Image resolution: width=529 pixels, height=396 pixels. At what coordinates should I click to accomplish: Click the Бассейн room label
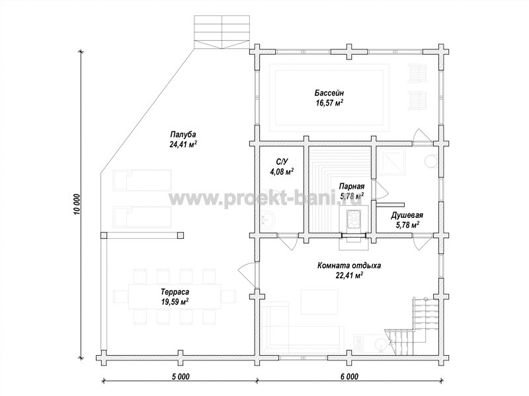(x=329, y=92)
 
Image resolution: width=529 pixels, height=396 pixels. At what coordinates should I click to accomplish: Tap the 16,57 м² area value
(x=329, y=103)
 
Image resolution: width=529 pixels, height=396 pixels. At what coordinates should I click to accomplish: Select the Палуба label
(x=183, y=135)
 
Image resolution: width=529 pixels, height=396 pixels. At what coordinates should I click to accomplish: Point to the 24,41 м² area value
(x=183, y=145)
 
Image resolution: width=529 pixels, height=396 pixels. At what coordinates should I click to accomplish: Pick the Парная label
(x=352, y=186)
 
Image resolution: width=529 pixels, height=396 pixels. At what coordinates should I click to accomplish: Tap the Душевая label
(x=407, y=215)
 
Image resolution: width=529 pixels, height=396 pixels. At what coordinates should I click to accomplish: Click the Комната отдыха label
(x=349, y=266)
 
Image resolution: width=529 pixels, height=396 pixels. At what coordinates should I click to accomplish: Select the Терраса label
(x=175, y=292)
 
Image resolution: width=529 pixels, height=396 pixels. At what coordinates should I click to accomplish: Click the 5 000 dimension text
(x=179, y=376)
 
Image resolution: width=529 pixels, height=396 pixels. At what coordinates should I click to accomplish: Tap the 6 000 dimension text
(x=348, y=376)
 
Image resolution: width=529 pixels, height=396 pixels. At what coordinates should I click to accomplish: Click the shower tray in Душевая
(x=391, y=162)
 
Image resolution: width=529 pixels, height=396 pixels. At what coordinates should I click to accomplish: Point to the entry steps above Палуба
(x=222, y=32)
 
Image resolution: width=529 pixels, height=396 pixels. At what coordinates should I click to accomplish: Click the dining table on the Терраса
(x=175, y=296)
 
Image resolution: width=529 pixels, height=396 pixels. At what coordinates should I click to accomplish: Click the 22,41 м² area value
(x=349, y=276)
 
